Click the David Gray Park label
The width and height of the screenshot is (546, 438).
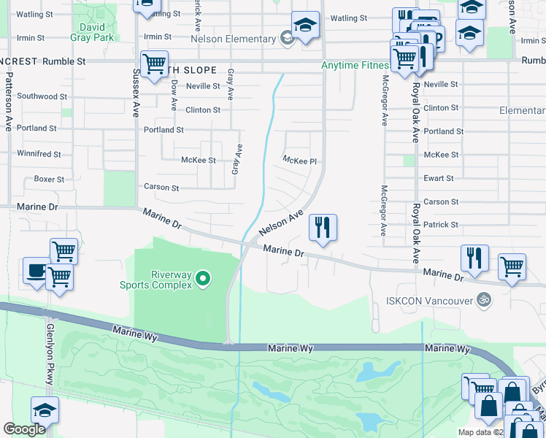[93, 31]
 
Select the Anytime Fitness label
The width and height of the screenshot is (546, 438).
[355, 66]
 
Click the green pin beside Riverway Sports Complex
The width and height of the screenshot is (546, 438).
[204, 278]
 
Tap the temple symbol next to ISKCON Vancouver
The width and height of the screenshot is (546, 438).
[482, 299]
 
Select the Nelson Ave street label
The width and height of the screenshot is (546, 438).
[280, 223]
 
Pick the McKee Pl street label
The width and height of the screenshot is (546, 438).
[299, 160]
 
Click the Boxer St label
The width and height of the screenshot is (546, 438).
[50, 179]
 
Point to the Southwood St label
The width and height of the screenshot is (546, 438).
[42, 96]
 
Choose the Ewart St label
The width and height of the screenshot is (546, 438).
[439, 178]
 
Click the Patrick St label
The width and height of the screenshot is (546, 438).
[441, 225]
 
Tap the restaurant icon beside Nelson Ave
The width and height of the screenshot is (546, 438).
[323, 228]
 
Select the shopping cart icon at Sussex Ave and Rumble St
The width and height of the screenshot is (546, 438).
[154, 64]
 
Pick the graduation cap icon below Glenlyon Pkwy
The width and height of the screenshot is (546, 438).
[44, 410]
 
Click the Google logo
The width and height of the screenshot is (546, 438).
[24, 429]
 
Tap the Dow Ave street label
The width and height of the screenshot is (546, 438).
[174, 96]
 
